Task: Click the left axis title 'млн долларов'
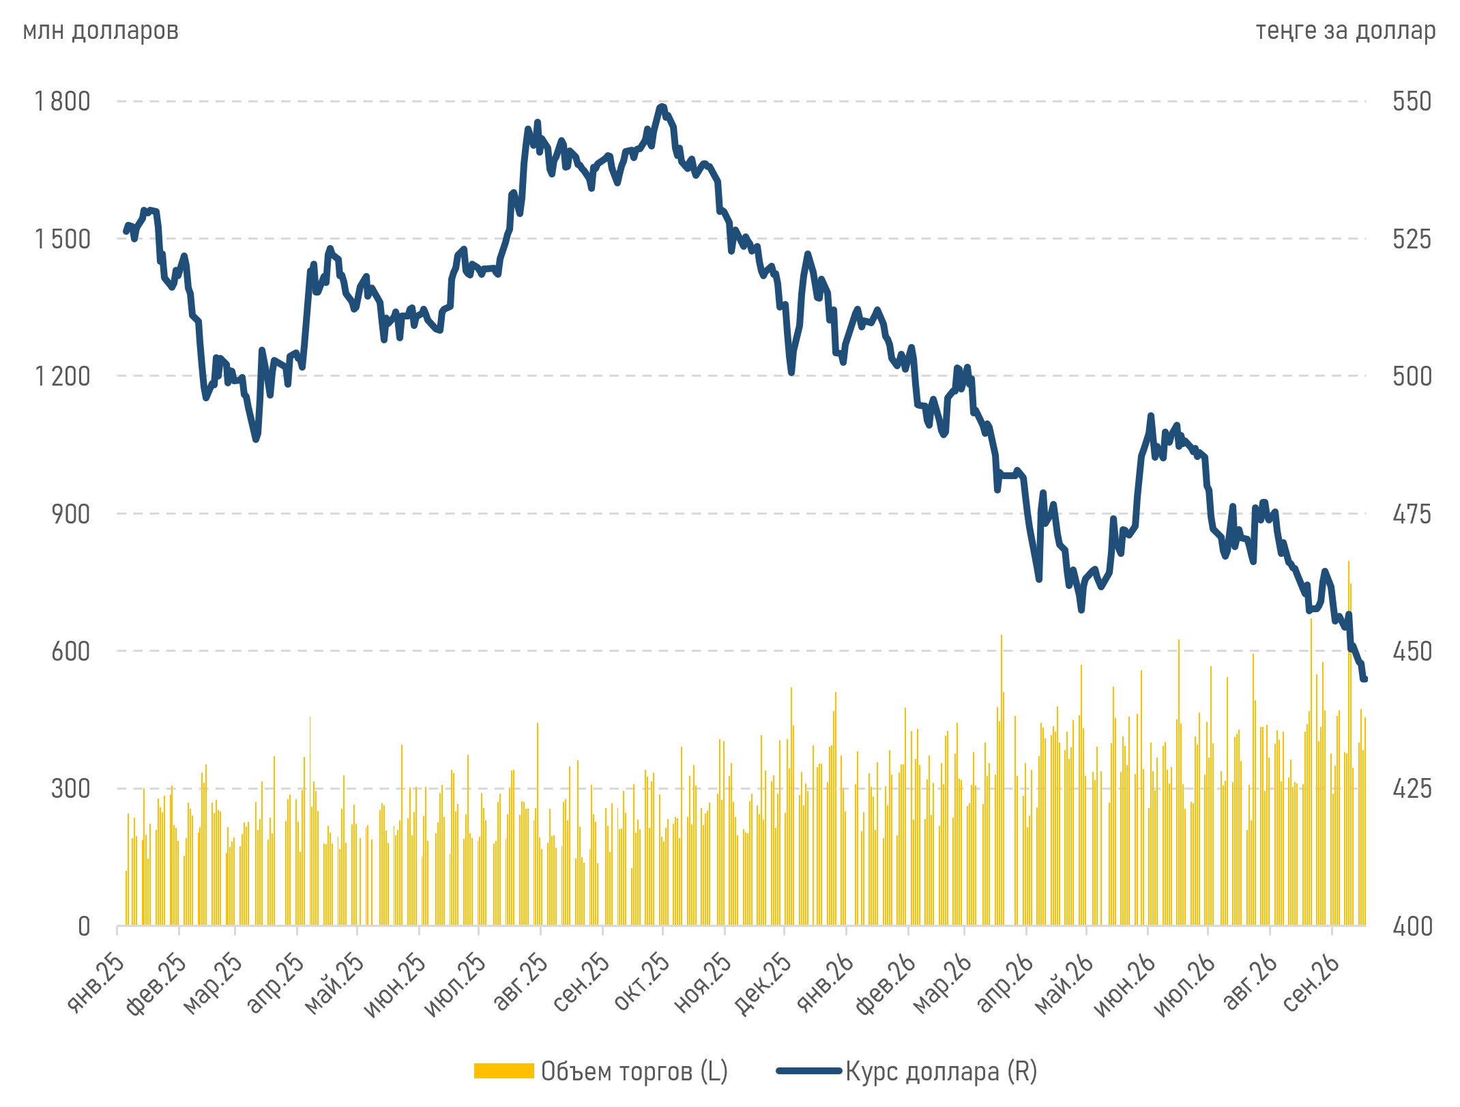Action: pos(100,31)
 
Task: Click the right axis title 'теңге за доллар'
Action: pos(1345,31)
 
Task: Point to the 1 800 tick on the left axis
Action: pos(62,101)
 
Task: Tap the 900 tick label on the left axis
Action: pos(71,514)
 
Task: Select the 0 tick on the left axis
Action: pos(84,926)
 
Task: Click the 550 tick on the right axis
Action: pos(1412,101)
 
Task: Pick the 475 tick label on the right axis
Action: pos(1412,514)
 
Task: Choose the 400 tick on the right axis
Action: pos(1412,926)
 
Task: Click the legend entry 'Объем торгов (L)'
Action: pos(634,1072)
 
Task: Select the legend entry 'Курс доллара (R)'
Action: pos(941,1072)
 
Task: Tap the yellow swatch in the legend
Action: pos(504,1071)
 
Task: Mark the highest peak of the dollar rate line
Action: pos(661,106)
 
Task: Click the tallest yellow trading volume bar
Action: pos(1349,743)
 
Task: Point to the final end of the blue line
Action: pos(1365,679)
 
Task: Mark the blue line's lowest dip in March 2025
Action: pos(256,440)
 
